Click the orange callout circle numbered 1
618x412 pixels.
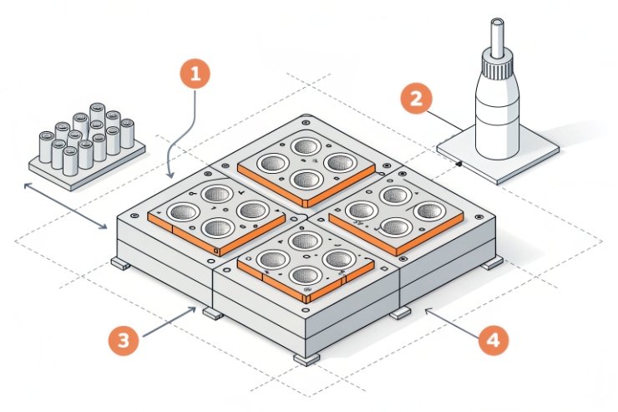pos(195,74)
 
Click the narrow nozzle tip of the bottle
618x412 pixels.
pos(499,29)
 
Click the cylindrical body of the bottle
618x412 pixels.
pos(499,113)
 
